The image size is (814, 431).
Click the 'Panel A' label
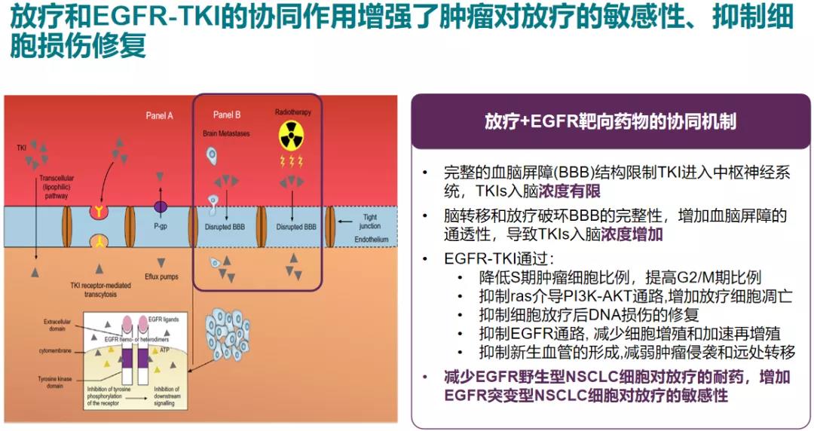(x=159, y=115)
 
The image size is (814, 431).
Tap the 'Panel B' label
(x=227, y=115)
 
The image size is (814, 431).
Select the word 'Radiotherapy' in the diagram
(x=292, y=112)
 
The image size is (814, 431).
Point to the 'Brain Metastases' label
(x=226, y=133)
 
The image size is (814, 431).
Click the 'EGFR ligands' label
(x=162, y=320)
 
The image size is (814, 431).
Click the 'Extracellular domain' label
(x=54, y=325)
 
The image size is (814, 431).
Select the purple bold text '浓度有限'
(x=579, y=191)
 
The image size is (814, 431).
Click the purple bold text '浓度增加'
(x=632, y=234)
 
